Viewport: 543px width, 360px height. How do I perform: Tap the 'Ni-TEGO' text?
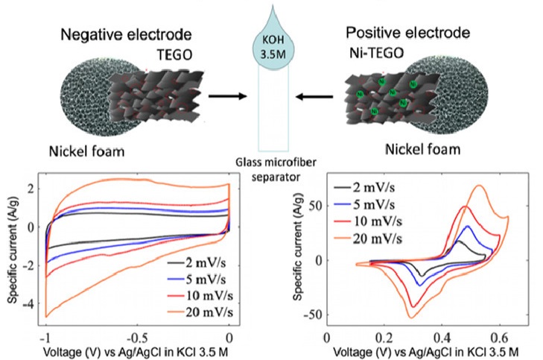[378, 53]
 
